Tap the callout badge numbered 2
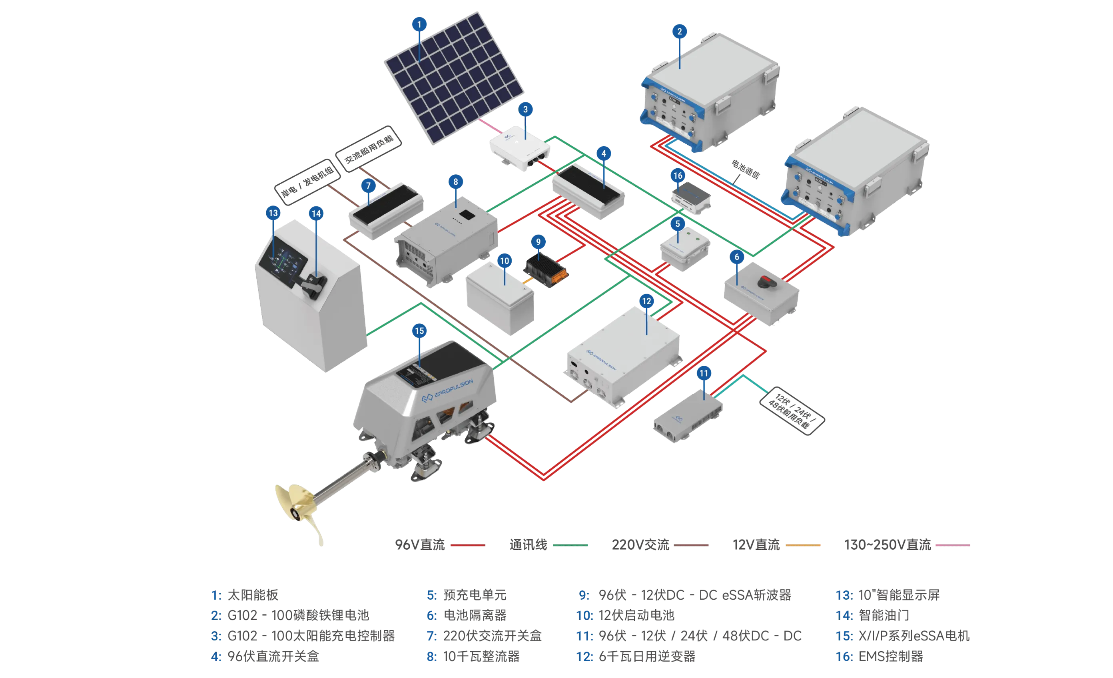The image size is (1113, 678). click(x=679, y=32)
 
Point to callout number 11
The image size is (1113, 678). click(x=704, y=373)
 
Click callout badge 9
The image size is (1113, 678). click(x=538, y=242)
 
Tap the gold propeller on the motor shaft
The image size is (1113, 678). click(x=298, y=510)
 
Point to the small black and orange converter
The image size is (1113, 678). click(x=546, y=271)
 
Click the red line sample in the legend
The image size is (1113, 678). click(x=466, y=545)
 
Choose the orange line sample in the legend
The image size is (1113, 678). click(x=802, y=545)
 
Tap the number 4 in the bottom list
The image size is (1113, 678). click(x=217, y=656)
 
